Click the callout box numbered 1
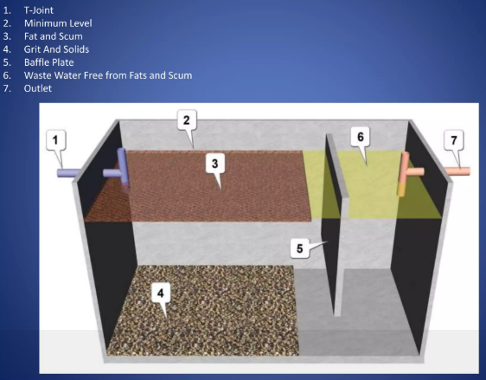click(x=56, y=140)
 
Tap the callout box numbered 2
click(x=187, y=119)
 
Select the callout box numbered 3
click(x=215, y=164)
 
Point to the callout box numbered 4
click(x=161, y=293)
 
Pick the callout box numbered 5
click(x=300, y=248)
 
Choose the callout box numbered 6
click(x=360, y=137)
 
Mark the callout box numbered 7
click(x=454, y=140)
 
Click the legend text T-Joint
click(x=39, y=10)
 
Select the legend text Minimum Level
click(x=58, y=23)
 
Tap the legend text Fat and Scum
click(x=54, y=36)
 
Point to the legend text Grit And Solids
click(x=56, y=49)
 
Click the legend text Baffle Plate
click(x=49, y=62)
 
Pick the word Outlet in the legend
click(x=38, y=88)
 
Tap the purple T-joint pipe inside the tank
click(x=121, y=169)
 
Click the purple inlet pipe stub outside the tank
click(x=67, y=173)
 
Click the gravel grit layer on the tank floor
click(x=203, y=310)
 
